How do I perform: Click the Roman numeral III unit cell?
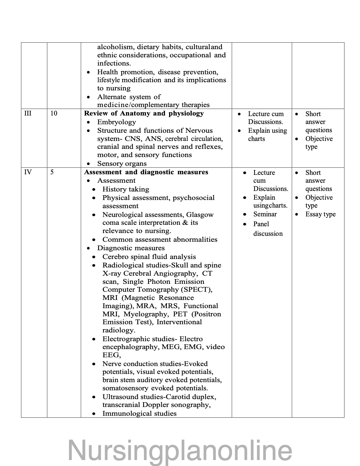(28, 114)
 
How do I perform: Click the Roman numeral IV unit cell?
(28, 172)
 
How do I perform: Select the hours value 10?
(54, 114)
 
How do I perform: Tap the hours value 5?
(52, 172)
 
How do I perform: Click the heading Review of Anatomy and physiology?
(144, 114)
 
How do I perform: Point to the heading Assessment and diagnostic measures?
(146, 172)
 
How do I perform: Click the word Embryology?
(116, 122)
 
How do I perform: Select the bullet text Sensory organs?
(122, 164)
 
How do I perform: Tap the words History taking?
(126, 189)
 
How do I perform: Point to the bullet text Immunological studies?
(139, 413)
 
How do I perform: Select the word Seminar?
(265, 214)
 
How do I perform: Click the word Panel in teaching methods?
(261, 224)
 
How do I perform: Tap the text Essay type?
(320, 214)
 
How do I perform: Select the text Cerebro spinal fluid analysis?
(149, 257)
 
